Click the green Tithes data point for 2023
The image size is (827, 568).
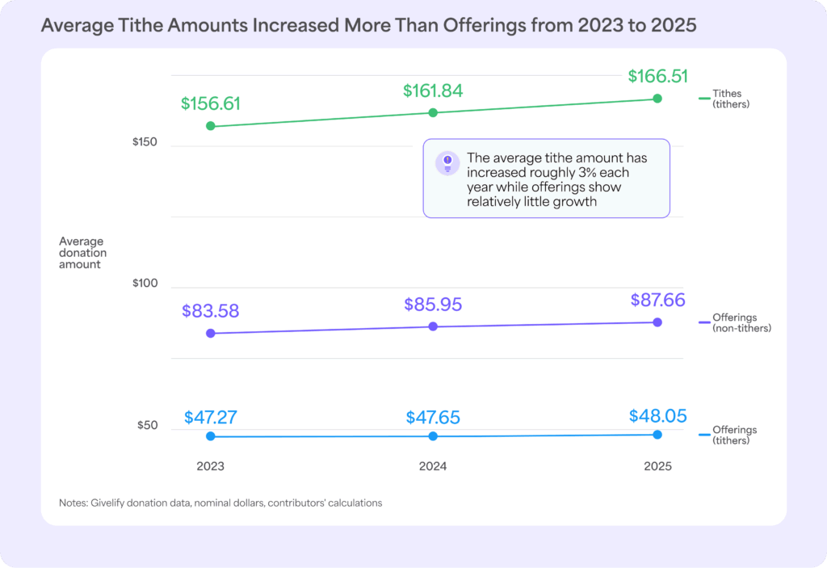click(x=211, y=126)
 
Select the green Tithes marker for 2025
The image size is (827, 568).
click(x=657, y=99)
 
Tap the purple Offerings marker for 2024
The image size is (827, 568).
click(x=433, y=326)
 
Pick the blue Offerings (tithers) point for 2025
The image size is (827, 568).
click(x=657, y=435)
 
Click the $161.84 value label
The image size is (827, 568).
click(x=433, y=91)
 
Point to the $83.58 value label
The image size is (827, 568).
click(x=211, y=311)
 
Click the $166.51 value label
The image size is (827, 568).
click(x=657, y=77)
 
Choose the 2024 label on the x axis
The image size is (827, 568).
click(x=433, y=466)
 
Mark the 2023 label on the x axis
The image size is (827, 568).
click(x=211, y=466)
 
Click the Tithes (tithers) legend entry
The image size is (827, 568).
click(x=731, y=99)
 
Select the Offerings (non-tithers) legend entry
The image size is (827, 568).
click(x=741, y=322)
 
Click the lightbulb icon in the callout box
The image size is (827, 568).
click(x=447, y=162)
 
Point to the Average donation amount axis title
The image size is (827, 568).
click(x=82, y=253)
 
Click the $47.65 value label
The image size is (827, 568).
click(x=433, y=418)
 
